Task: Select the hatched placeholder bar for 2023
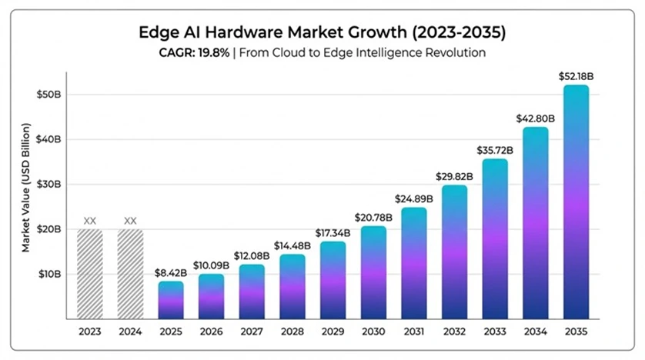(x=90, y=274)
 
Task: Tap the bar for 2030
(x=373, y=272)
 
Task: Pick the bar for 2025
(x=171, y=300)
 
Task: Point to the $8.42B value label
(x=171, y=272)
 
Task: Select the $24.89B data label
(x=413, y=198)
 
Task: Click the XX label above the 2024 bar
(x=130, y=221)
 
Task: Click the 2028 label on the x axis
(x=292, y=332)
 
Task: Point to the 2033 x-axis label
(x=495, y=332)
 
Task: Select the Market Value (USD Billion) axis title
(x=26, y=187)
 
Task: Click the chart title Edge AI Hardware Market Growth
(x=322, y=33)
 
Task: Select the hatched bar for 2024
(x=130, y=274)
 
